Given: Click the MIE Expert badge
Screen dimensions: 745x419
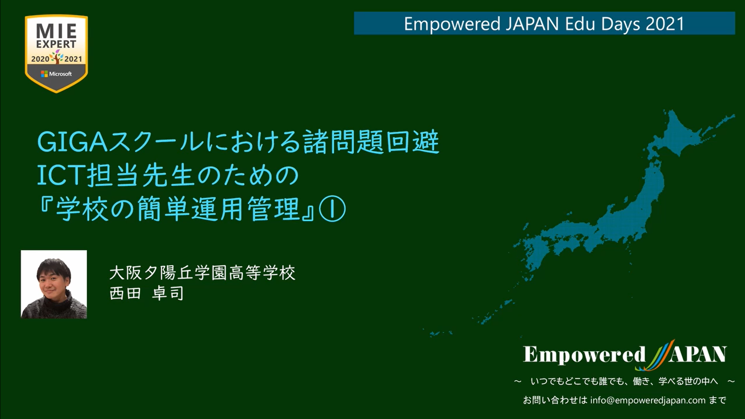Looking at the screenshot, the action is point(56,53).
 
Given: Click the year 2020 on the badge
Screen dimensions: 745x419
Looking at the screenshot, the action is point(40,59).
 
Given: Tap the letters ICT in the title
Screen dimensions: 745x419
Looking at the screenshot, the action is point(60,176).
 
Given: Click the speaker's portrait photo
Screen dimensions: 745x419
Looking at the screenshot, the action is point(54,284).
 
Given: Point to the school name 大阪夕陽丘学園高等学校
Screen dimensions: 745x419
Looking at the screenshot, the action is point(202,273).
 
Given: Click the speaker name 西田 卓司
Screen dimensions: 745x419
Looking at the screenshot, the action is point(147,293).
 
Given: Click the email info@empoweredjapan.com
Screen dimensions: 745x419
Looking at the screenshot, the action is point(648,400).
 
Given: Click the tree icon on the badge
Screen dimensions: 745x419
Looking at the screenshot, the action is point(57,57).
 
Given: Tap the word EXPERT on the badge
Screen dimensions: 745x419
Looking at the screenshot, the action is point(56,44).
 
